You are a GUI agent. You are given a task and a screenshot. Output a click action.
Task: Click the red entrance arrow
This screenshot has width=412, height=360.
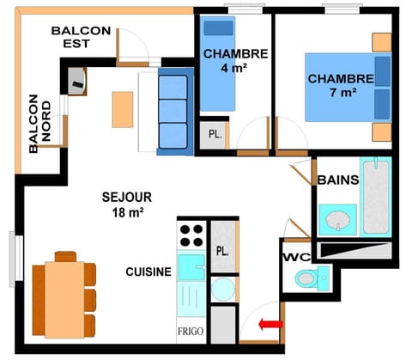(271, 324)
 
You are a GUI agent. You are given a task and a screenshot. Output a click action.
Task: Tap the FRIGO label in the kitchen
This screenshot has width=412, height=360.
(190, 330)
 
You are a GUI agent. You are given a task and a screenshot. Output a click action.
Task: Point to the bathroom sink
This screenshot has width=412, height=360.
(336, 218)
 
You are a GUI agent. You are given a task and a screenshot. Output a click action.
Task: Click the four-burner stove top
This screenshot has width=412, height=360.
(191, 234)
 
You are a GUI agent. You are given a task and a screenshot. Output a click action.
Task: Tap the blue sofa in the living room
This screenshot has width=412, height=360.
(174, 112)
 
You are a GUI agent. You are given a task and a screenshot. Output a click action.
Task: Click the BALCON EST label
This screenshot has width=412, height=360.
(82, 37)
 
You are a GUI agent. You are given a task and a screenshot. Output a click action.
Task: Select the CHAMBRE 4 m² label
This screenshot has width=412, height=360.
(235, 60)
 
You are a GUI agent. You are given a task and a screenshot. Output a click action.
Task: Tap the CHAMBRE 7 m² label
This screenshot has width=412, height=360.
(341, 85)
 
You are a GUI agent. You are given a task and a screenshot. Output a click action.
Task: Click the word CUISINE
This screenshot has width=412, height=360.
(148, 272)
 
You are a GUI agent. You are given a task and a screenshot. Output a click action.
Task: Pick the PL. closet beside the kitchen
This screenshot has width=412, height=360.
(221, 252)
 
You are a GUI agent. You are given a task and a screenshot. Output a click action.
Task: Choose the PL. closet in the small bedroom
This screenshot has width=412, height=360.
(212, 134)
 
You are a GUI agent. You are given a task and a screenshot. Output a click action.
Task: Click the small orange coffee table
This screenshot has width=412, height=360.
(123, 108)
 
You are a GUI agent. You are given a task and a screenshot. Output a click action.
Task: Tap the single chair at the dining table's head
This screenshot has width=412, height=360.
(65, 256)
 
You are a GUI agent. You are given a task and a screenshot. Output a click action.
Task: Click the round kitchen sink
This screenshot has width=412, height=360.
(222, 289)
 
